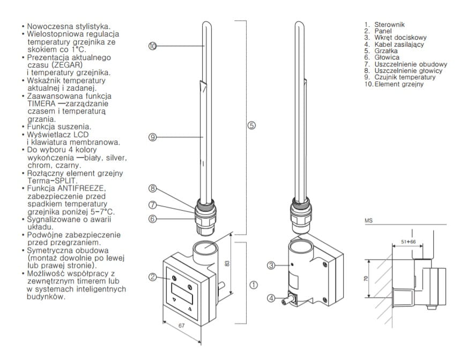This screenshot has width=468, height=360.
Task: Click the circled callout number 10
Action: click(152, 46)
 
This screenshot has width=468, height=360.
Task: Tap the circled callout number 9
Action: click(152, 137)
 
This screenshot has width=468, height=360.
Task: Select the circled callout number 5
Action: click(251, 125)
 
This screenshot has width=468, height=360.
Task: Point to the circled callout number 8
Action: click(152, 188)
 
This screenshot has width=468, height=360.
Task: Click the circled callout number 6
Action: click(152, 218)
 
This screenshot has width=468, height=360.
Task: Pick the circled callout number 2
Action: click(152, 276)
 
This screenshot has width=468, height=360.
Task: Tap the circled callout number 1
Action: click(254, 284)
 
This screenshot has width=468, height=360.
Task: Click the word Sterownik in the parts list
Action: click(389, 24)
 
